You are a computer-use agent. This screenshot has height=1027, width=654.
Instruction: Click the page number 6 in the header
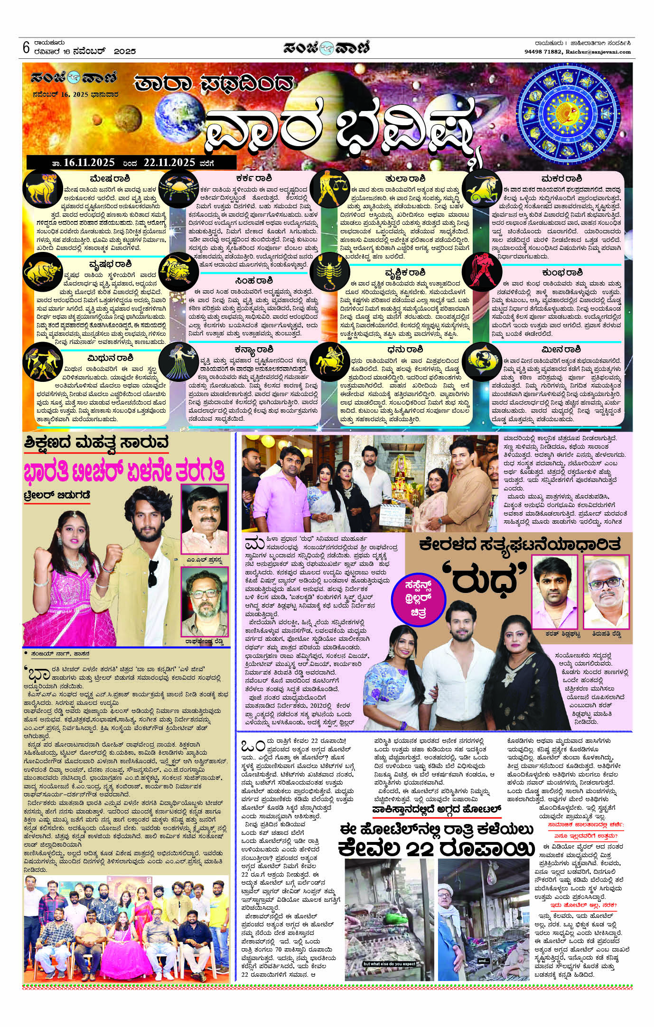[26, 48]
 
